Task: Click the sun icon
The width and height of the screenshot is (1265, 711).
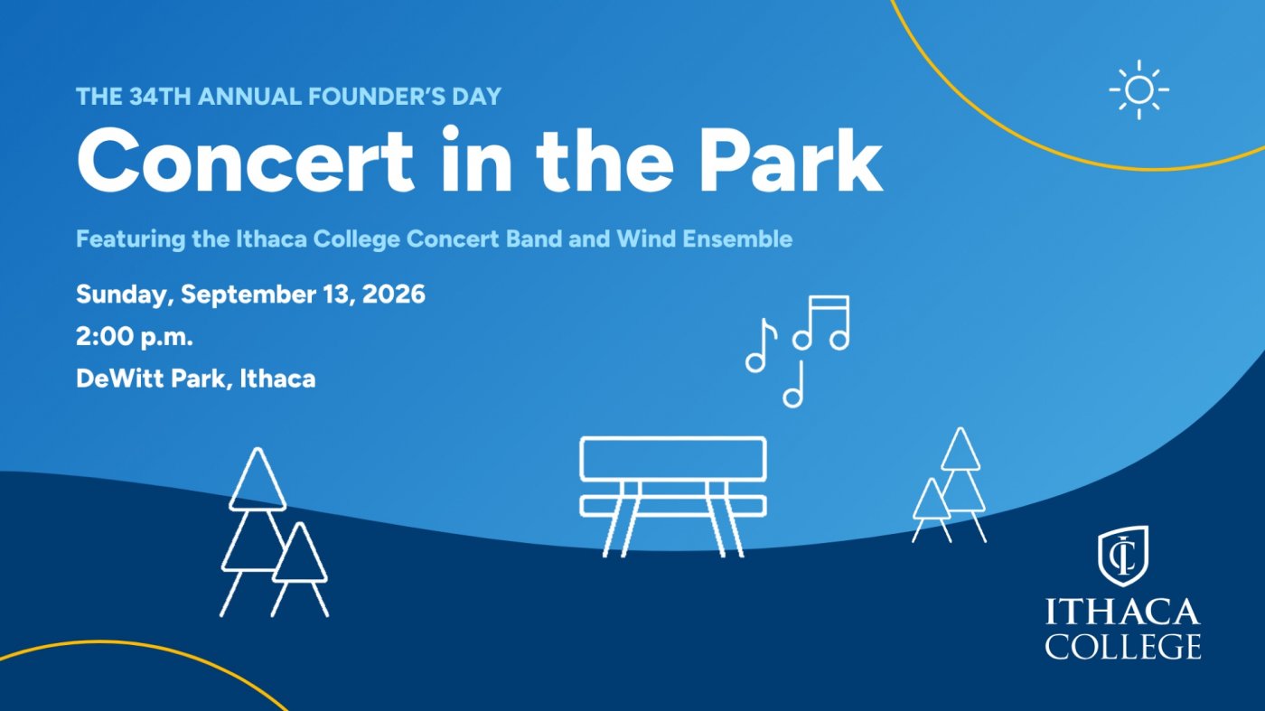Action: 1138,89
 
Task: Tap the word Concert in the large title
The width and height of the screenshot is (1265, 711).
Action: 245,161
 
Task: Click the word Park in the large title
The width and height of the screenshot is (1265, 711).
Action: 791,161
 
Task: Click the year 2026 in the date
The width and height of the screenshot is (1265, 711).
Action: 394,295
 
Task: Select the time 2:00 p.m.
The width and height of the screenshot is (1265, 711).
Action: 135,337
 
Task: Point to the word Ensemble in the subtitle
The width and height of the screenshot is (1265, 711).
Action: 737,239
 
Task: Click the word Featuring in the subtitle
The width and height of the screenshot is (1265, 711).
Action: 130,239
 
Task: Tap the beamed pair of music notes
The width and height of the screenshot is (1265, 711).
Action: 821,323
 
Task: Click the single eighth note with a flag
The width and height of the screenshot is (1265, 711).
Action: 761,345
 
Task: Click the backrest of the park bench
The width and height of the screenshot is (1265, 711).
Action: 673,459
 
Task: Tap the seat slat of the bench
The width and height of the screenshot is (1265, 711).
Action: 673,507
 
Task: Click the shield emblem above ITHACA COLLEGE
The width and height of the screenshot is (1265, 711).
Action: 1122,556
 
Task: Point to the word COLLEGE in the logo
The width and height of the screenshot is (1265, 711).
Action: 1122,645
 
